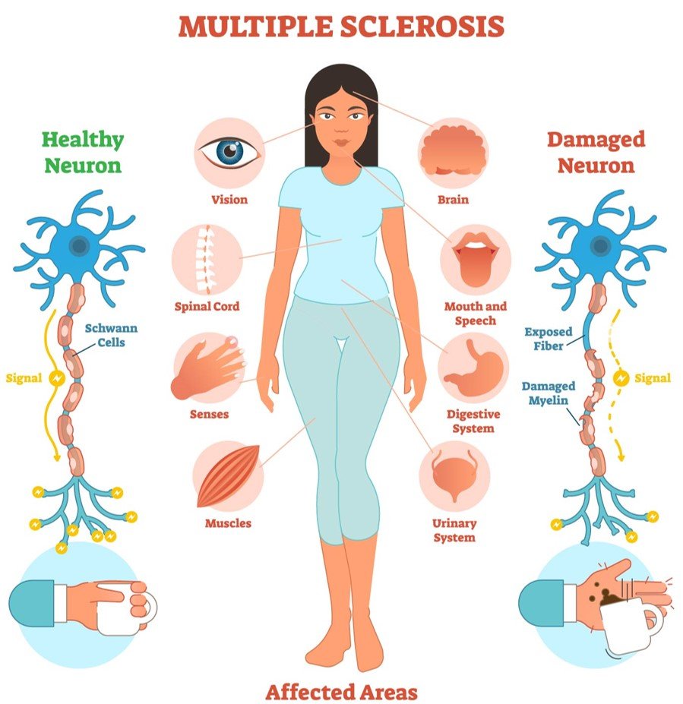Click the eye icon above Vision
(x=230, y=152)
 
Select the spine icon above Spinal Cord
(x=205, y=259)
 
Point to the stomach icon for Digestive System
(x=474, y=368)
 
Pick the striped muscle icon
(x=228, y=476)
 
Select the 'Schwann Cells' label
(x=111, y=335)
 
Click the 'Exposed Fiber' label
(x=549, y=339)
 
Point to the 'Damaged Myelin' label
(x=548, y=393)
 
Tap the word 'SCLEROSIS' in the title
(x=422, y=27)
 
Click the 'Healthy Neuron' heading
(x=83, y=152)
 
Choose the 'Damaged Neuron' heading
(x=596, y=152)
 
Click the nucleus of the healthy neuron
(x=80, y=245)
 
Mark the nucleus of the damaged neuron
(x=600, y=245)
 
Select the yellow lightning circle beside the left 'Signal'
(x=57, y=379)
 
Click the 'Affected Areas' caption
(x=341, y=691)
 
